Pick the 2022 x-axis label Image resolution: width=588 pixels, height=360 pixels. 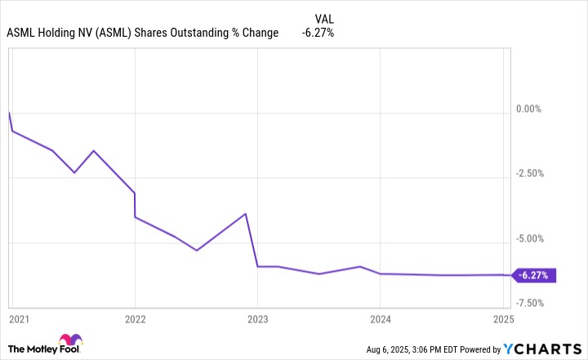[135, 318]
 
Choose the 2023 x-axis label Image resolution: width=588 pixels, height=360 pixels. [257, 318]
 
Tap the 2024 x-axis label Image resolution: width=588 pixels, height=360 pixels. [380, 318]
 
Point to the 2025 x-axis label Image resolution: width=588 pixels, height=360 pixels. [502, 318]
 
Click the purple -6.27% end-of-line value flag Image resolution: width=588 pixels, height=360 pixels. [535, 275]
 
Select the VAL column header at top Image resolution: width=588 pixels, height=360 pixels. [324, 18]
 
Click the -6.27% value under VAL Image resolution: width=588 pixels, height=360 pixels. [317, 33]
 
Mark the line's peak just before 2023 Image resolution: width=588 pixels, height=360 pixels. [246, 214]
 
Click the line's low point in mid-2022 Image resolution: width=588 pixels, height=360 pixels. [197, 250]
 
